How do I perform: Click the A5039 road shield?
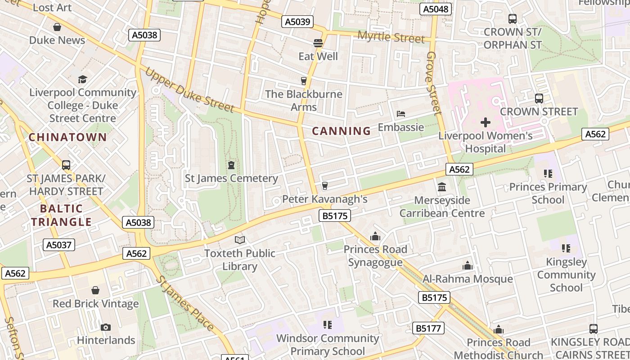tap(297, 22)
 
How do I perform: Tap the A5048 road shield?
tap(435, 9)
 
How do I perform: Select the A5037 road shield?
tap(59, 245)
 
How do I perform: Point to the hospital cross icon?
tap(485, 122)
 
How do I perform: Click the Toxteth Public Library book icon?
tap(240, 240)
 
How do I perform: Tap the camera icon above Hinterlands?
tap(106, 327)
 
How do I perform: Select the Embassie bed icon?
tap(400, 114)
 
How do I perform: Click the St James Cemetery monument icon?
tap(231, 165)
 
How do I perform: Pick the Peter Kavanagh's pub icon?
tap(324, 185)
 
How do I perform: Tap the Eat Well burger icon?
tap(318, 43)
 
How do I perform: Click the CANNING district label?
tap(341, 131)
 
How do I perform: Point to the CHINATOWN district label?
tap(68, 137)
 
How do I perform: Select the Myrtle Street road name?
tap(391, 37)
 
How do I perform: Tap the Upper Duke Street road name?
tap(189, 90)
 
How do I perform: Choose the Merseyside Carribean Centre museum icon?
tap(442, 187)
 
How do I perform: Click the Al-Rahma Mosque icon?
tap(468, 266)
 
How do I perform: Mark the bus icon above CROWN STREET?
tap(539, 98)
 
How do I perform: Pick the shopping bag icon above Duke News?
tap(57, 27)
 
